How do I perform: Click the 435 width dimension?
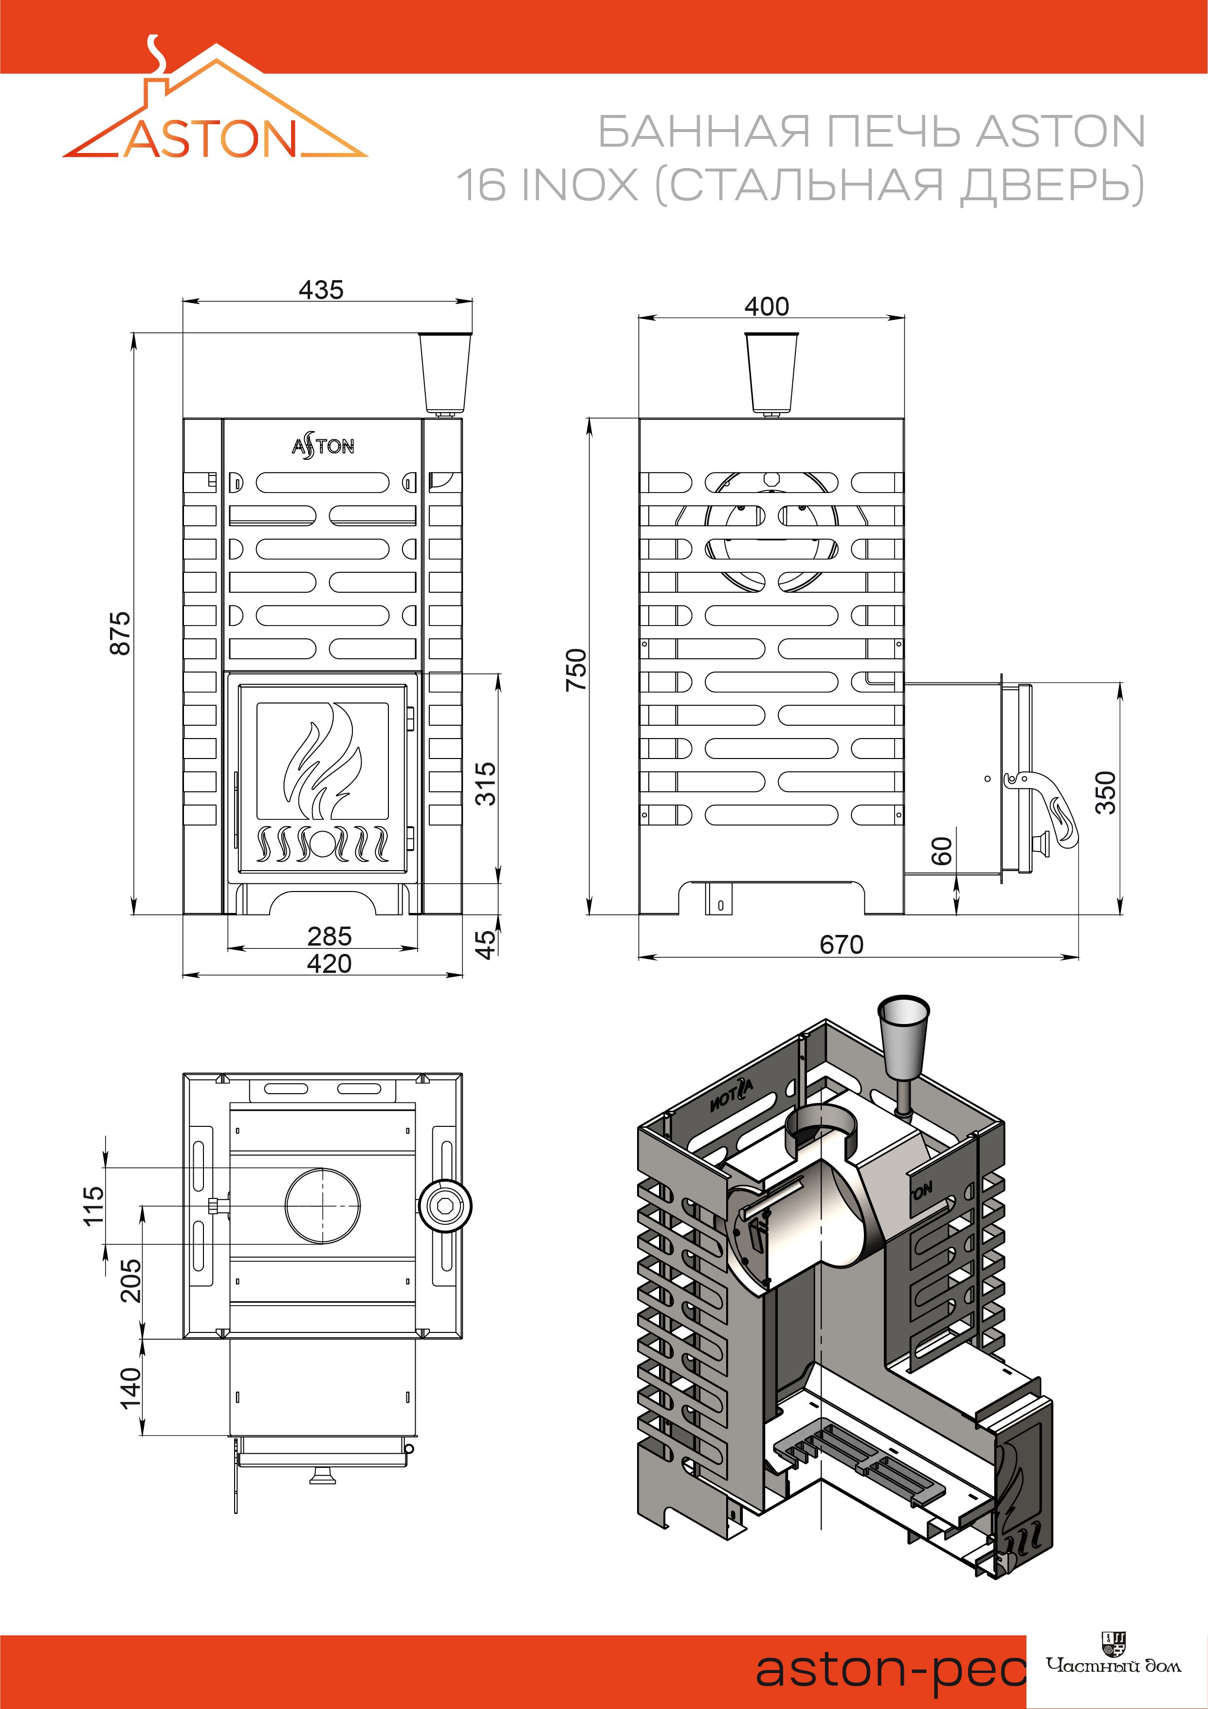pos(321,289)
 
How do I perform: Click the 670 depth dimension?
pos(842,945)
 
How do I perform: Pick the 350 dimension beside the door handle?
pos(1107,792)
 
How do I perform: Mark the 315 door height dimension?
pos(485,783)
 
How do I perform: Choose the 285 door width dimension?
pos(329,936)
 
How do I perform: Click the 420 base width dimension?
pos(329,964)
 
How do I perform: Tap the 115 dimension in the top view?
pos(94,1205)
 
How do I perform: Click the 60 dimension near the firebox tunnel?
pos(942,850)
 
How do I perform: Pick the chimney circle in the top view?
pos(323,1206)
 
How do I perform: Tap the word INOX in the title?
pos(580,185)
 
